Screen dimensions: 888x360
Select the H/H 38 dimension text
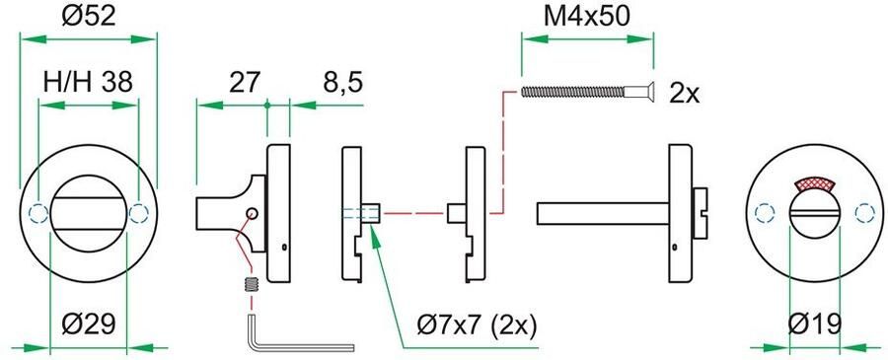88,83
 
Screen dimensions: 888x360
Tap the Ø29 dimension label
89,324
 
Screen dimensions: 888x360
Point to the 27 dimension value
244,83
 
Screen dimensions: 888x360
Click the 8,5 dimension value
342,84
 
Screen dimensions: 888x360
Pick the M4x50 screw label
587,17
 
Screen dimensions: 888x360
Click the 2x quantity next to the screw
684,94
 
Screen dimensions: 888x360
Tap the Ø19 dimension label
816,324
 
